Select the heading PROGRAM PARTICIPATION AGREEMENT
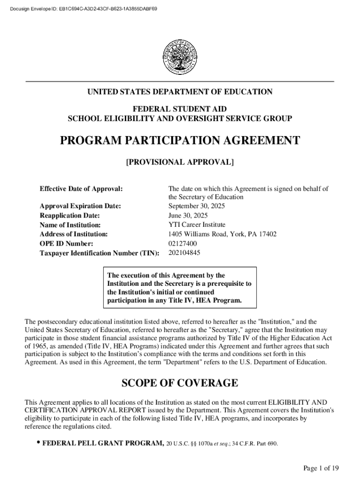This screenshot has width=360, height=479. [x=180, y=141]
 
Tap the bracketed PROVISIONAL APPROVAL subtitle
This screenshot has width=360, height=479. [x=180, y=162]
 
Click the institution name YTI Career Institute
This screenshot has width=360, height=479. [x=196, y=225]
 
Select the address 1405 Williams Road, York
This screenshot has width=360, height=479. [x=222, y=234]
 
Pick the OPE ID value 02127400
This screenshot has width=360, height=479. [x=182, y=244]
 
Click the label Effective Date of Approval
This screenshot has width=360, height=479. [x=81, y=189]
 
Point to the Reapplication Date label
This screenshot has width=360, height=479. [x=70, y=216]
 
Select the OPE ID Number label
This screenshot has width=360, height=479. [x=66, y=244]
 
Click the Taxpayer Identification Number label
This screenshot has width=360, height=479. [x=99, y=253]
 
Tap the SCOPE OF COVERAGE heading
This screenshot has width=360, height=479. [x=180, y=384]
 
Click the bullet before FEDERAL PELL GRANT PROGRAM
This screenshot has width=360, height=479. [x=36, y=443]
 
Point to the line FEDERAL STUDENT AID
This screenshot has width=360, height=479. [x=180, y=109]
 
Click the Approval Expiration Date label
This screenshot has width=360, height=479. [x=80, y=206]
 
